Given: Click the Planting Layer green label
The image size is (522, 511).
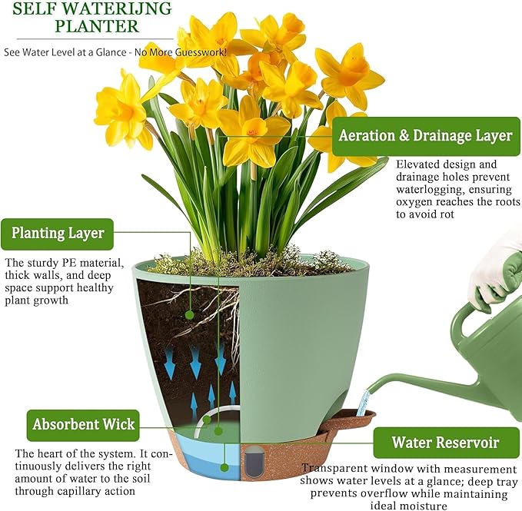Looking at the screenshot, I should click(58, 233).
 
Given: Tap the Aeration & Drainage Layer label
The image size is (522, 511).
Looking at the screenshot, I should click(424, 136).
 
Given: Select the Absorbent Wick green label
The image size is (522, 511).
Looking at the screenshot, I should click(84, 423).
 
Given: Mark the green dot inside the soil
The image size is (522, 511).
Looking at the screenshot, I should click(190, 314).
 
